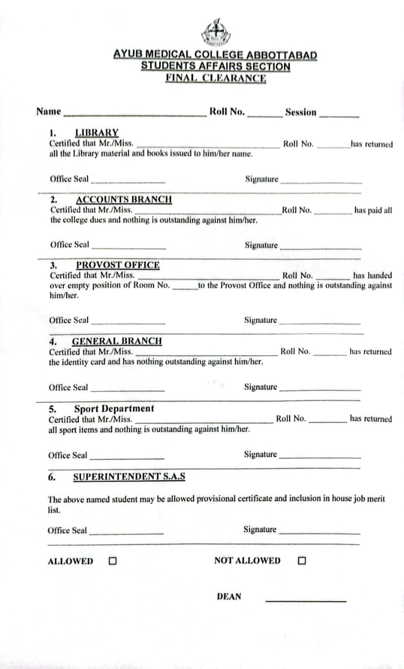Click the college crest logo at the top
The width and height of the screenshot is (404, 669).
[215, 32]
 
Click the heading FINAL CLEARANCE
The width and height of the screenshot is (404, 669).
[216, 78]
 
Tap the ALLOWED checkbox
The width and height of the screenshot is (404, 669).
[112, 561]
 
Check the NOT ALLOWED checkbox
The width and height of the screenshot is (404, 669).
[301, 561]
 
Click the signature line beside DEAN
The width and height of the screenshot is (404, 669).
[305, 601]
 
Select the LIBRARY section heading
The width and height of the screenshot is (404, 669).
[97, 133]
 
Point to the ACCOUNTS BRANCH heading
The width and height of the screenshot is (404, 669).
[124, 199]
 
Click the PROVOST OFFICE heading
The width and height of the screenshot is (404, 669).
[118, 264]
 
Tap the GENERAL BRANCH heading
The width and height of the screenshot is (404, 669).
[117, 341]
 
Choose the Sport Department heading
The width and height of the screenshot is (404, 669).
[114, 409]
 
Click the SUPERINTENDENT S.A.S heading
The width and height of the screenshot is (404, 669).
[128, 477]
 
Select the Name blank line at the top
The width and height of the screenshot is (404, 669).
[135, 114]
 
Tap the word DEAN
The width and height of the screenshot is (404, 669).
[229, 596]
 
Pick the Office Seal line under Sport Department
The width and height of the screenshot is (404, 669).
[127, 458]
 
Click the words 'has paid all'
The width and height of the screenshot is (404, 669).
[373, 210]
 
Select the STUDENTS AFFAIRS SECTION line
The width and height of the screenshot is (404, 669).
[215, 66]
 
